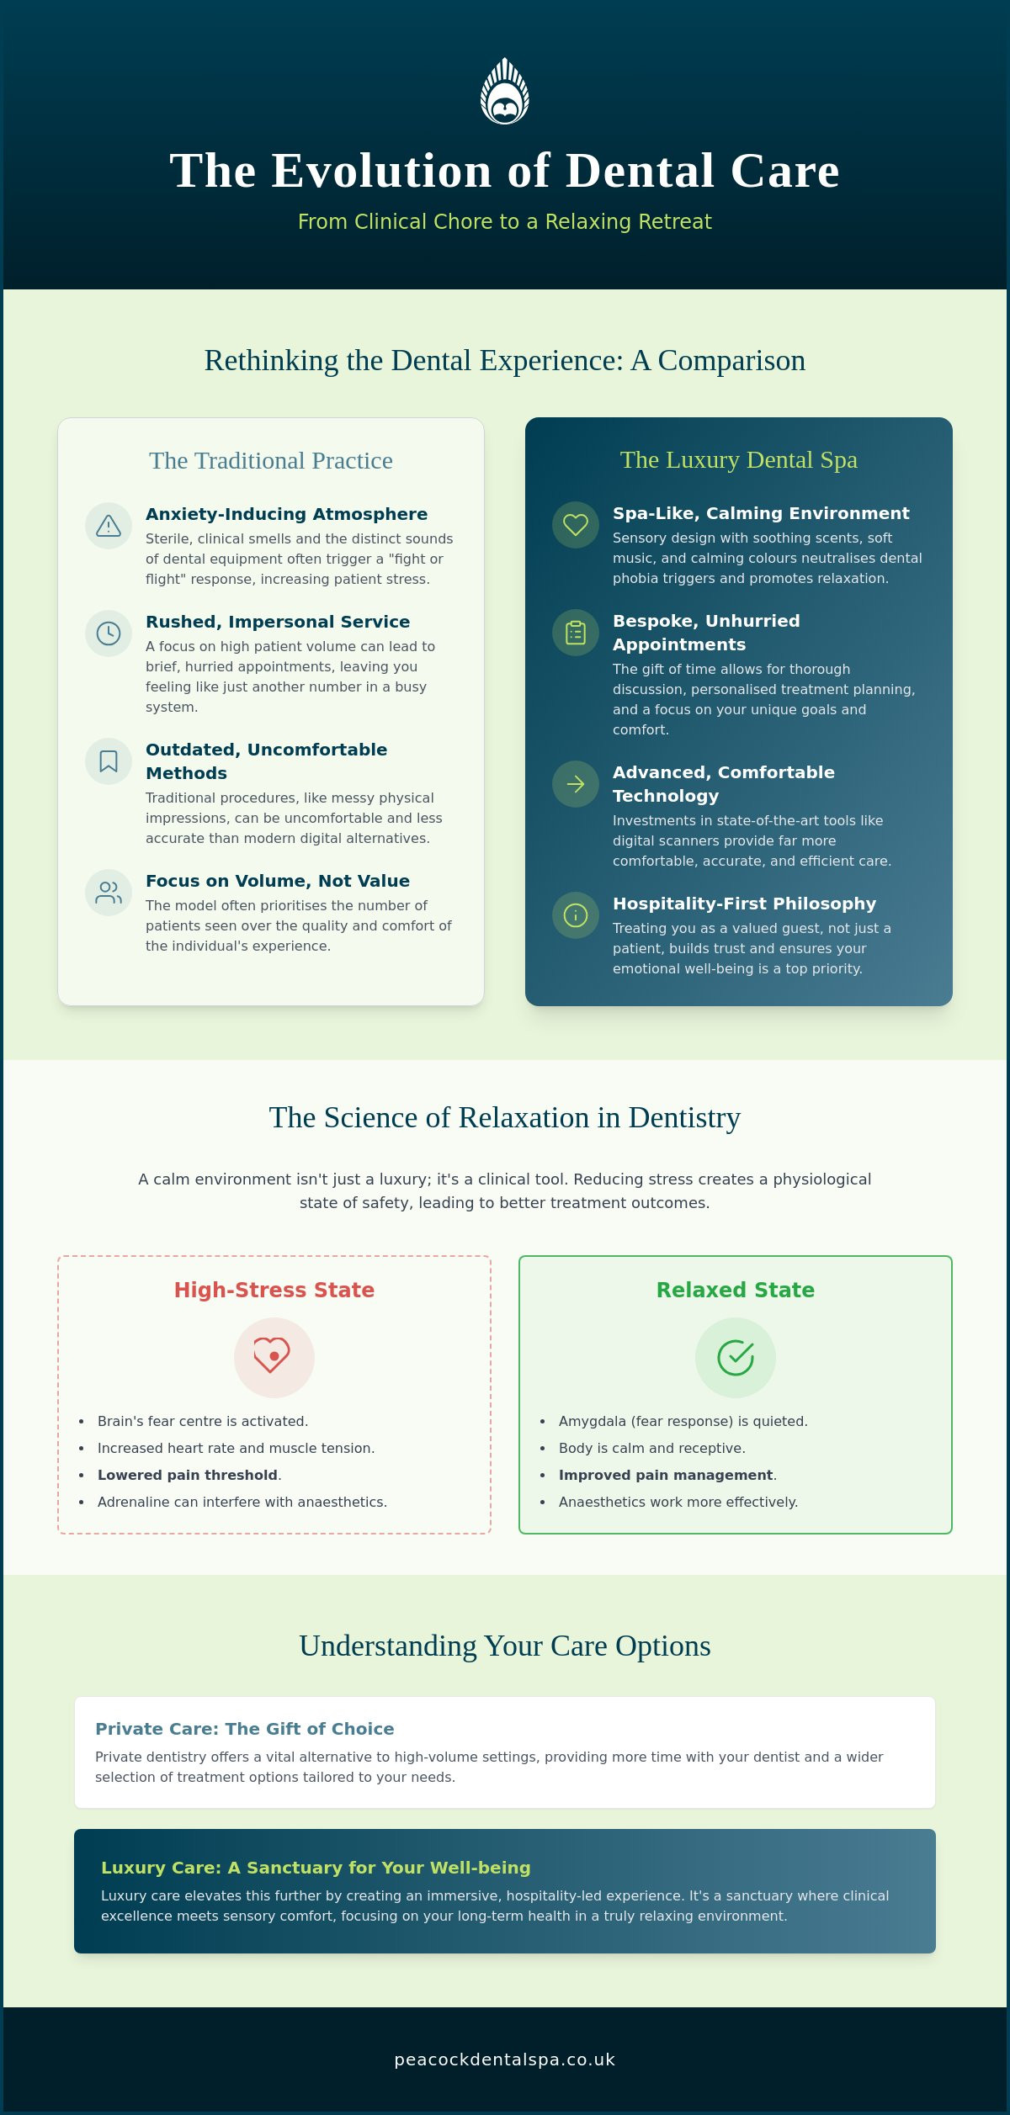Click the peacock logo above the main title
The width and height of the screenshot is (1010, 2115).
(505, 91)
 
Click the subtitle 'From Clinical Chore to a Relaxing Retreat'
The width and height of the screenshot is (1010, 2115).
(505, 221)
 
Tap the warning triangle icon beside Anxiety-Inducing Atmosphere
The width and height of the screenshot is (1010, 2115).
(109, 526)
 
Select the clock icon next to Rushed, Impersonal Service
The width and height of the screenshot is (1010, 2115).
(109, 633)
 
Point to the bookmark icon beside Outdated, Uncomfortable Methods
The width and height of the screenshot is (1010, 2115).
(109, 761)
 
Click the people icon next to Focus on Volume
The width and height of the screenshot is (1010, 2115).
(109, 893)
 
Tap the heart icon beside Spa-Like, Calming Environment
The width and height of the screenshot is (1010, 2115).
(576, 525)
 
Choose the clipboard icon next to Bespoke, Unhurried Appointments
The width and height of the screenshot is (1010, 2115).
(576, 633)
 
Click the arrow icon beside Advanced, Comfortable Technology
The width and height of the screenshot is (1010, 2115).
(576, 784)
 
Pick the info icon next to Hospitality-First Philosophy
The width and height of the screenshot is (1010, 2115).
(576, 915)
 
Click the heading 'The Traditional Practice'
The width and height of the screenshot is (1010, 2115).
(271, 460)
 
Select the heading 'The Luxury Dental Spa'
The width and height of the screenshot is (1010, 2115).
(739, 459)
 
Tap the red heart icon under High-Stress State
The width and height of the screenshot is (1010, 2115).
(273, 1355)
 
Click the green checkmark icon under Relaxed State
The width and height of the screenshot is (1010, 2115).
(736, 1357)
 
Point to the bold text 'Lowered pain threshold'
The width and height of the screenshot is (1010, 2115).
(188, 1475)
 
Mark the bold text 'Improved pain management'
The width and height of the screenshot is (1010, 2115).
(666, 1475)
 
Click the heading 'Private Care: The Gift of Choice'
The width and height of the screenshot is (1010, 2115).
(245, 1729)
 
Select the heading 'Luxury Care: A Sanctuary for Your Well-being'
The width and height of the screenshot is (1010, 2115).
(316, 1868)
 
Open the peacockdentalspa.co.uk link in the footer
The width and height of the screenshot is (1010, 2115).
(505, 2059)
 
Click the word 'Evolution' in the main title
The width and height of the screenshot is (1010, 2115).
(381, 171)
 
